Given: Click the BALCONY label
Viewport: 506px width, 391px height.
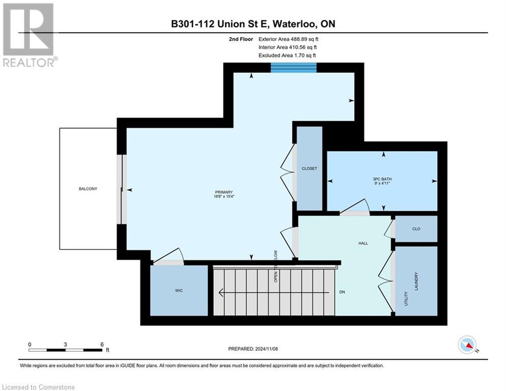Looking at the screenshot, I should (87, 189).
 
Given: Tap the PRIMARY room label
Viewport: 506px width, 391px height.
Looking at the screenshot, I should (224, 192).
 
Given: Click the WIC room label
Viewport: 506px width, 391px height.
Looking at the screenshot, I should (178, 290).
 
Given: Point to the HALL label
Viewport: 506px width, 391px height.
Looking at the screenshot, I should (363, 243).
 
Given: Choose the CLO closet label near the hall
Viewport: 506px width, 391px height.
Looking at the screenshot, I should (415, 229).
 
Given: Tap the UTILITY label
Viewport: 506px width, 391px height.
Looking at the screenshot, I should (406, 298).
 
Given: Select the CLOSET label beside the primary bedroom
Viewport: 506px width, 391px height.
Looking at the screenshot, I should (309, 169).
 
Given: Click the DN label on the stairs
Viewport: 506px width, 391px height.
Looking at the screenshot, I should (343, 292).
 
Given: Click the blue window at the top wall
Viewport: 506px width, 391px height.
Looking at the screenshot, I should (293, 68).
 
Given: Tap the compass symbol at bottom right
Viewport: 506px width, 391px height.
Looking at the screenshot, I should (467, 345).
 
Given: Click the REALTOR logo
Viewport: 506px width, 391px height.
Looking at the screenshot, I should (28, 35).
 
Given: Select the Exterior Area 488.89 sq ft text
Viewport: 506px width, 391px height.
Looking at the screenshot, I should (288, 39).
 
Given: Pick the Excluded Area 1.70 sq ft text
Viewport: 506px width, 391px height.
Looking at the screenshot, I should (287, 55).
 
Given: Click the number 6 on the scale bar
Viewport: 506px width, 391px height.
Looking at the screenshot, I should (102, 344).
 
